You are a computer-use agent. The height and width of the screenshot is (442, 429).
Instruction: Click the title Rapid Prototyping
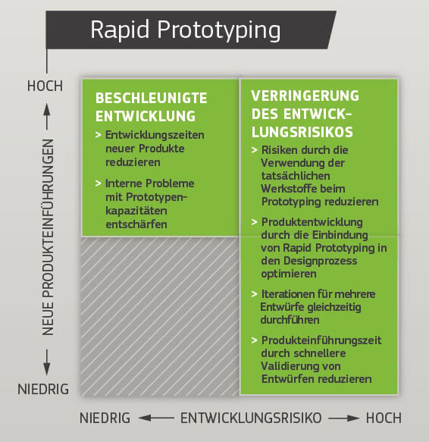(186, 30)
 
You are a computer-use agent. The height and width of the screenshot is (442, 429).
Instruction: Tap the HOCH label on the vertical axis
(45, 86)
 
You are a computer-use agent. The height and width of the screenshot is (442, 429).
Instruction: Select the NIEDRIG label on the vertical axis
(43, 389)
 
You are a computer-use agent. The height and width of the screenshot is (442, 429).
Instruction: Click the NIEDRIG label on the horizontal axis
(105, 418)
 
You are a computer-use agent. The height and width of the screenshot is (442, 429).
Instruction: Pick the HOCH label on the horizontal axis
(384, 418)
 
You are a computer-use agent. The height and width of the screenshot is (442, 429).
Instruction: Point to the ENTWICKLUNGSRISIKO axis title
(251, 418)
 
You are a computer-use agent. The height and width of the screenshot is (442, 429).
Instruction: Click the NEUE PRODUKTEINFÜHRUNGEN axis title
(48, 237)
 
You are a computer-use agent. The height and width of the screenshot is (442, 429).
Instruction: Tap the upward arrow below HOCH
(47, 117)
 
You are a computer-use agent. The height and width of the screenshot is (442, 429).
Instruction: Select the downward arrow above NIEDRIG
(47, 362)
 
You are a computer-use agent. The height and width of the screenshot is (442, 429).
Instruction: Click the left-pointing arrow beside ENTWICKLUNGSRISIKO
(156, 418)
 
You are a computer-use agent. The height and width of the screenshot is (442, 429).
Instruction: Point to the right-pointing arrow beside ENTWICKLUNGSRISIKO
(344, 418)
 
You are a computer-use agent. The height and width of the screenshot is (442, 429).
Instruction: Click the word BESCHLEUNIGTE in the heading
(152, 98)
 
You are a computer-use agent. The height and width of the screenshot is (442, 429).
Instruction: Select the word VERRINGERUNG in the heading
(305, 96)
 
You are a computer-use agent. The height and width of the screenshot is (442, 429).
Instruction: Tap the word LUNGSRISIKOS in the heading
(302, 132)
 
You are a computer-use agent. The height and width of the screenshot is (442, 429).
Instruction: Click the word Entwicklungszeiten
(155, 135)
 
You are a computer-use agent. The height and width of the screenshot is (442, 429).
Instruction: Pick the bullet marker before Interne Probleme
(98, 183)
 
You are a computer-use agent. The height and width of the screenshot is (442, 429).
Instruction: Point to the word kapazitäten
(136, 211)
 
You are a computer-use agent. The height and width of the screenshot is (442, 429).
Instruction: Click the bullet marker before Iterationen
(254, 294)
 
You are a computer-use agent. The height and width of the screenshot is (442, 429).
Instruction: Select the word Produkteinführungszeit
(321, 340)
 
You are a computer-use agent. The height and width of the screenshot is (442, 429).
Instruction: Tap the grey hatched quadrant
(160, 315)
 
